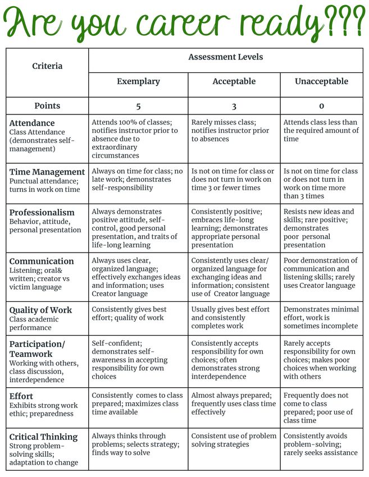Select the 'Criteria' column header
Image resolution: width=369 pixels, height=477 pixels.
point(47,66)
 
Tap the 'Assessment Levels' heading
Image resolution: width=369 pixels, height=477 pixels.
point(225,57)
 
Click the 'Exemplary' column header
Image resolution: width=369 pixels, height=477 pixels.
point(138,82)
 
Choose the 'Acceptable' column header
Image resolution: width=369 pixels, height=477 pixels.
point(234,82)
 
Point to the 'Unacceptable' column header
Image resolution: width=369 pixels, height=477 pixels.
point(321,82)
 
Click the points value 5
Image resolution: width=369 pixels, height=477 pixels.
point(138,106)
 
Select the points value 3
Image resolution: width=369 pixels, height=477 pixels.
point(234,106)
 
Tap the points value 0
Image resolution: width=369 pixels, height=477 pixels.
point(321,106)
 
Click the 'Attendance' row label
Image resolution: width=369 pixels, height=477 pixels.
point(32,123)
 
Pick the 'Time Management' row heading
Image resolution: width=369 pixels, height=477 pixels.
point(47,172)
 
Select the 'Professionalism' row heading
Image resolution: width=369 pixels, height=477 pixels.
point(42,213)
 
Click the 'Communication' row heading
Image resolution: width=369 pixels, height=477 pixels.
point(42,262)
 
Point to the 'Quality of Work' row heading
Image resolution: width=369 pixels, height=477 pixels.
point(41,310)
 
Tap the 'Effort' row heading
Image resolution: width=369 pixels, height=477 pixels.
point(21,396)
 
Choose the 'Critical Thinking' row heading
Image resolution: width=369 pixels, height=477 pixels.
point(43,437)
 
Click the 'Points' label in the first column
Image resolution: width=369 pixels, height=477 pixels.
point(47,106)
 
